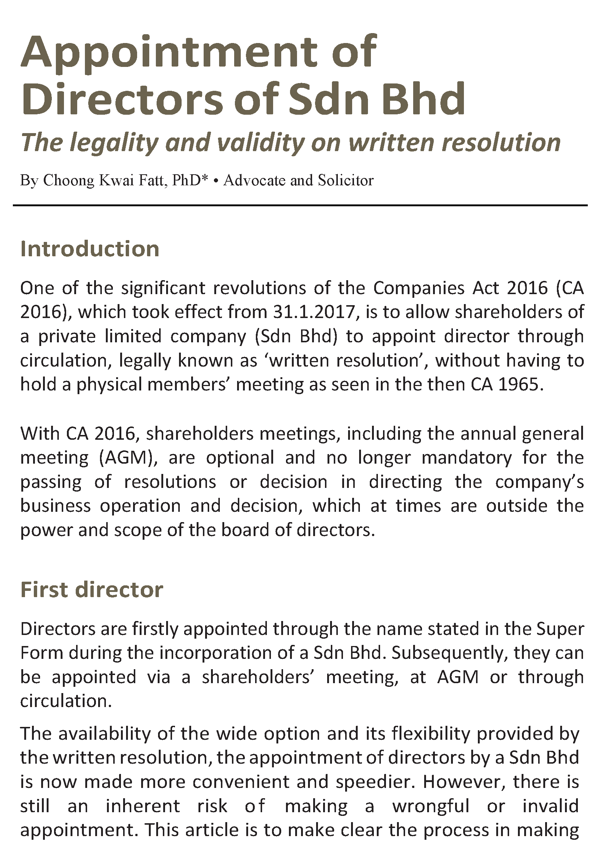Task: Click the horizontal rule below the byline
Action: click(300, 205)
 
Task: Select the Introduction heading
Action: click(90, 249)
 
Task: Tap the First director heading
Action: click(92, 589)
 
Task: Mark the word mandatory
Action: click(466, 458)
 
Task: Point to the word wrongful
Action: click(430, 806)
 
